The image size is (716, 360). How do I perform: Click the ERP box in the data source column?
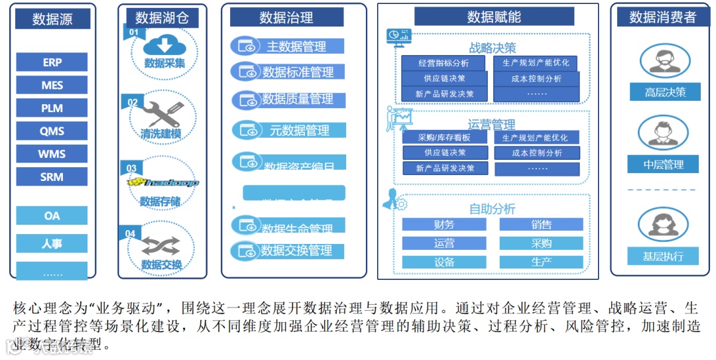pyautogui.click(x=52, y=62)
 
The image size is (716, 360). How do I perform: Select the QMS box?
pyautogui.click(x=52, y=131)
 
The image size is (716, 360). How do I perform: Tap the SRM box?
pyautogui.click(x=52, y=176)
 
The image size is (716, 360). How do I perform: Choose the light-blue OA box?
pyautogui.click(x=52, y=215)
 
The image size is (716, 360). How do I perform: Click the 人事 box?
pyautogui.click(x=52, y=243)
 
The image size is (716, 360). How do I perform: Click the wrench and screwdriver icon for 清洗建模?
pyautogui.click(x=163, y=113)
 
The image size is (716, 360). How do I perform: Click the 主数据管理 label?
pyautogui.click(x=296, y=46)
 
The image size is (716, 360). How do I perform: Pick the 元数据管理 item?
pyautogui.click(x=299, y=131)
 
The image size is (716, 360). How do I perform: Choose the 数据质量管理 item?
pyautogui.click(x=297, y=99)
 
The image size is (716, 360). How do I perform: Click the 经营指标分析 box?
pyautogui.click(x=444, y=64)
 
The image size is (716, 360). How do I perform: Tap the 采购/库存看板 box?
pyautogui.click(x=444, y=138)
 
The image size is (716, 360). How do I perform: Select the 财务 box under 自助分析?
pyautogui.click(x=444, y=225)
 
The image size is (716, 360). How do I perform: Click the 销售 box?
pyautogui.click(x=541, y=225)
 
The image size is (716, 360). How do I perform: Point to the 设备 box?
pyautogui.click(x=444, y=262)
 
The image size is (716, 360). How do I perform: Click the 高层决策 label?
pyautogui.click(x=665, y=92)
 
